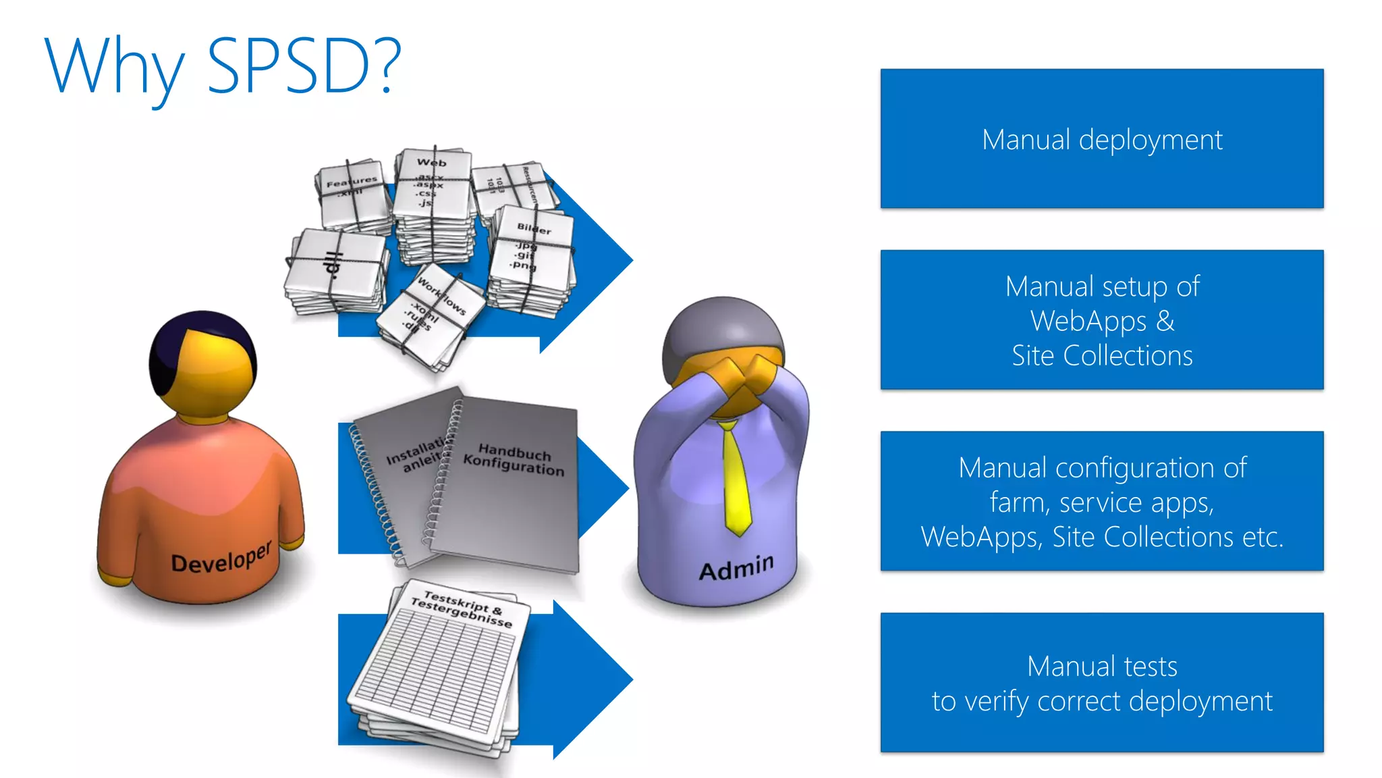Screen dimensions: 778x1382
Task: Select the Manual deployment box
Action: tap(1101, 139)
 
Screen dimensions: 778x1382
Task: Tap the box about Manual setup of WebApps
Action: tap(1101, 320)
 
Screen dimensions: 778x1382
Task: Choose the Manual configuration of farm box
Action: tap(1101, 502)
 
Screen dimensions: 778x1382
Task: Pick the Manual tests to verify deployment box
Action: tap(1101, 683)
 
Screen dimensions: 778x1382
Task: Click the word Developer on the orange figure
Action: tap(221, 557)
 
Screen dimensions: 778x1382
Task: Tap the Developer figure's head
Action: tap(202, 365)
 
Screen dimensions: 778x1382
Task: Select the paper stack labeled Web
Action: tap(433, 203)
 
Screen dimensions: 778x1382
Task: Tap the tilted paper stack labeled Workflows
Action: tap(432, 317)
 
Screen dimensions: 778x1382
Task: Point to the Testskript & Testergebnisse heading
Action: tap(462, 608)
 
